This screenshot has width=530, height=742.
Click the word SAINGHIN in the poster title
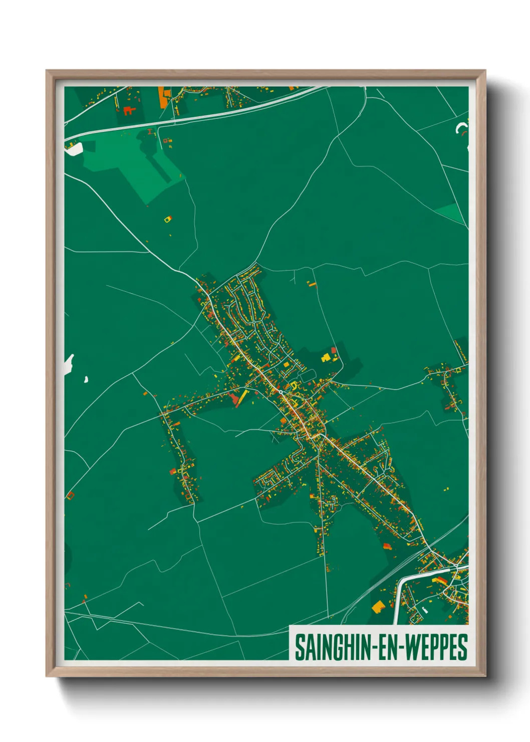click(x=331, y=647)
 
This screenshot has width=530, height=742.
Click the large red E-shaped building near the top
click(x=129, y=110)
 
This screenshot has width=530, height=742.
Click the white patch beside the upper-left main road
click(x=74, y=148)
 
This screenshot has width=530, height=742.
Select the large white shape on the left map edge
click(x=69, y=363)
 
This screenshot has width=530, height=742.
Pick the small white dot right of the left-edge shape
click(x=86, y=380)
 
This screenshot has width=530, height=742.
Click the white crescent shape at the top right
click(x=461, y=128)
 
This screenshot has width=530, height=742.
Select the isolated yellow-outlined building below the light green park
click(x=168, y=219)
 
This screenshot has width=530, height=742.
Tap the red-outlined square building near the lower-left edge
click(x=70, y=495)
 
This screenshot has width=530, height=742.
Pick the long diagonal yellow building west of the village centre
click(x=242, y=398)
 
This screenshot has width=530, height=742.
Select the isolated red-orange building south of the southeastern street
click(x=386, y=546)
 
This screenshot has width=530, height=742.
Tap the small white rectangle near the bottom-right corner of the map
click(x=425, y=611)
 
